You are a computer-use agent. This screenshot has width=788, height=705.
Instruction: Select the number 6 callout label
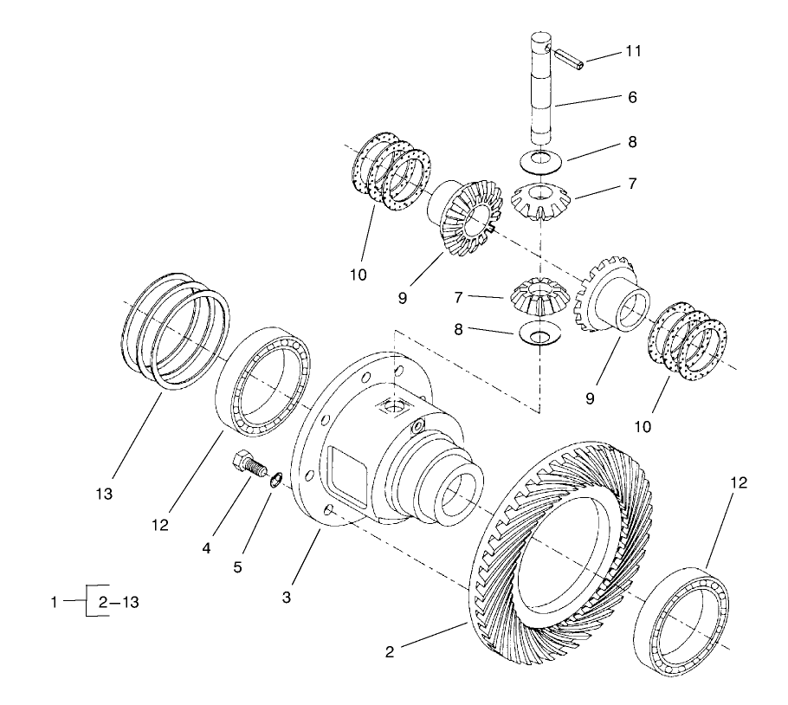pyautogui.click(x=632, y=98)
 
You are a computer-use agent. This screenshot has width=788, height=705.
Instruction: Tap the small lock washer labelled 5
pyautogui.click(x=275, y=479)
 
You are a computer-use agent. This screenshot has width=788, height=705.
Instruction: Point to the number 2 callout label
pyautogui.click(x=391, y=651)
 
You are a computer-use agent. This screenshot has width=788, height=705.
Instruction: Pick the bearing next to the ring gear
pyautogui.click(x=685, y=618)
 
